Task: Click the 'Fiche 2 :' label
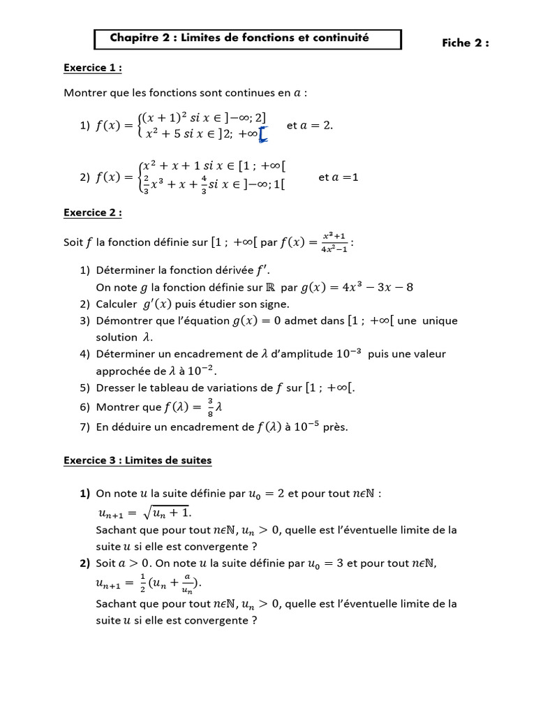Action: coord(466,43)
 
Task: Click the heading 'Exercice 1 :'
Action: coord(93,68)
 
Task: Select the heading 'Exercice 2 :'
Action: coord(93,212)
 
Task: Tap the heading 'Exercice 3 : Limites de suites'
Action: coord(137,460)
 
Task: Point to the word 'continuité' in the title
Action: coord(339,38)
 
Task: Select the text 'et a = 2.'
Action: coord(310,126)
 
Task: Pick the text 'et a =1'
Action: coord(338,177)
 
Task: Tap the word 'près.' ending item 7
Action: coord(335,427)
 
